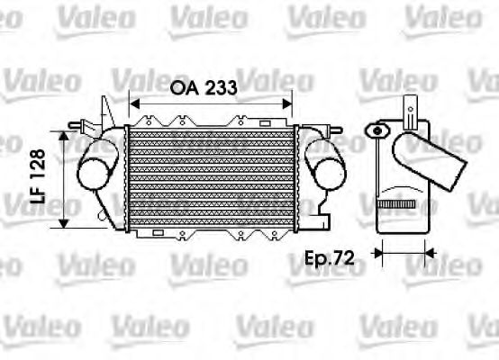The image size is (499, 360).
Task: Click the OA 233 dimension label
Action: click(204, 88)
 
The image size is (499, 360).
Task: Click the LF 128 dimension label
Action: click(38, 178)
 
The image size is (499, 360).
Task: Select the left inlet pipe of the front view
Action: click(97, 171)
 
